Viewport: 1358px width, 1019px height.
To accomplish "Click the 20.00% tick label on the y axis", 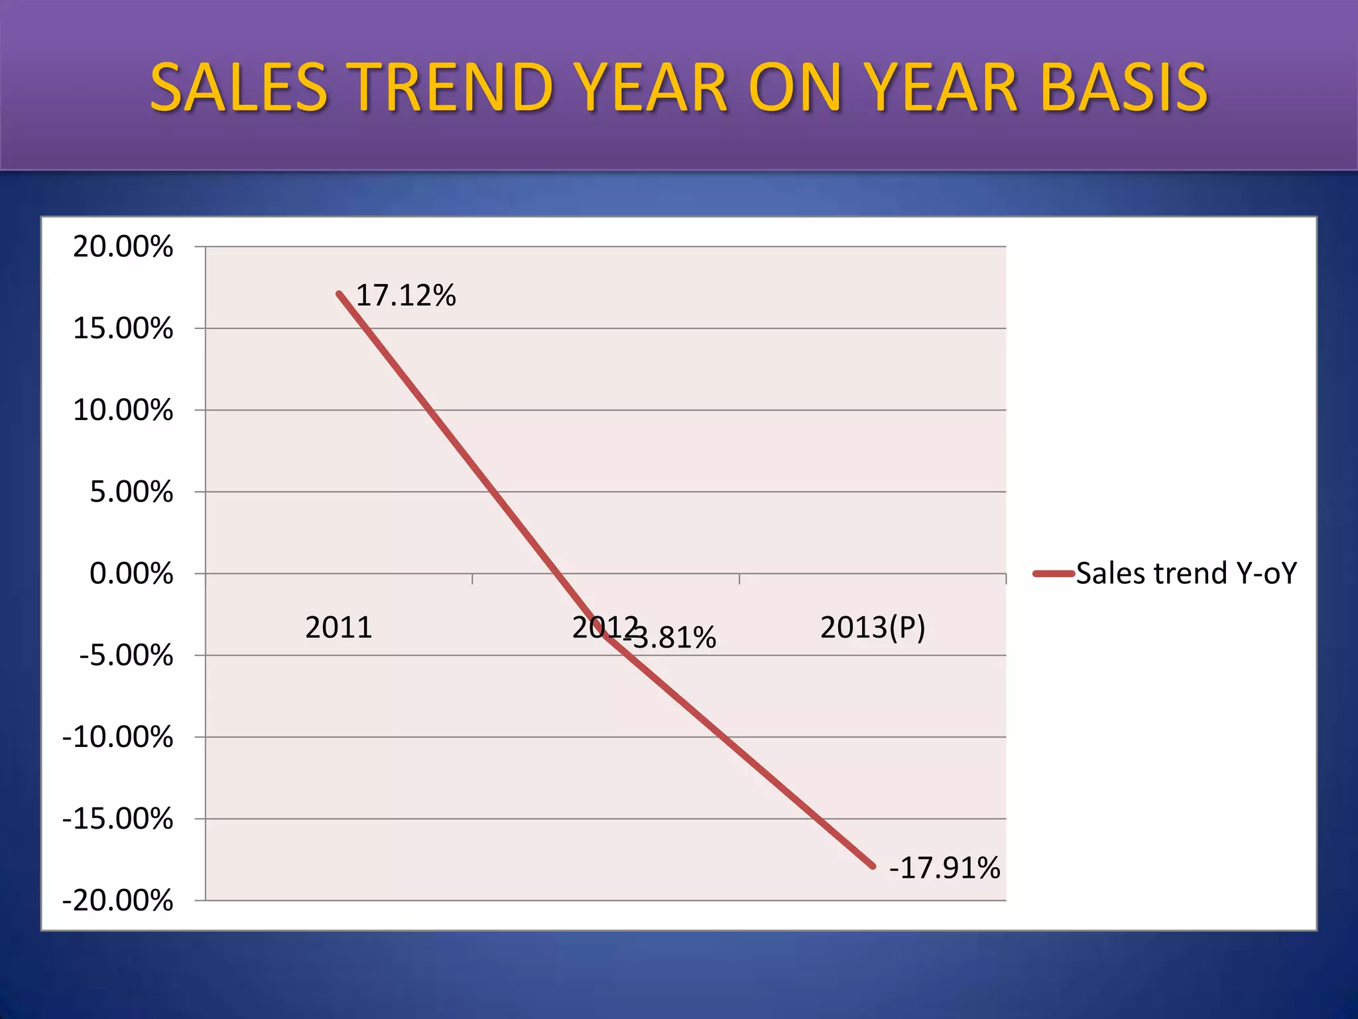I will pos(123,247).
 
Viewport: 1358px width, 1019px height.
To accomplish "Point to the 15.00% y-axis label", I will pos(123,328).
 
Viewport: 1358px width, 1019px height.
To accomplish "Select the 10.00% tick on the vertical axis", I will pos(123,410).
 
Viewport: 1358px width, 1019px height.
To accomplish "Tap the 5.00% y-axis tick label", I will pos(131,492).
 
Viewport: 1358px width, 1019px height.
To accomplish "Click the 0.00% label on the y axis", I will pos(131,573).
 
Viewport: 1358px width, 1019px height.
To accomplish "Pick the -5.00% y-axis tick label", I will pos(126,655).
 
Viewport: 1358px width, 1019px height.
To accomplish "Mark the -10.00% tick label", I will pos(117,737).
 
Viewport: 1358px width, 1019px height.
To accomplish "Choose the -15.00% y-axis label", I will pos(117,819).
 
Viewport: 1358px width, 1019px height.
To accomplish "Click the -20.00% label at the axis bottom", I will pos(117,901).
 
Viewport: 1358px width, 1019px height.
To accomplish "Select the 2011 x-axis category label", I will pos(338,628).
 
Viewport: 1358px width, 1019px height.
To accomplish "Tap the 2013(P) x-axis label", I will pos(873,628).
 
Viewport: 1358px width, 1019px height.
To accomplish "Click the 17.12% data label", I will pos(406,295).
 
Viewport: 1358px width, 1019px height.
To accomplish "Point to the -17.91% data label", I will pos(944,868).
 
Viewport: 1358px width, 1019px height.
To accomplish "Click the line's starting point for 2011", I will pos(339,293).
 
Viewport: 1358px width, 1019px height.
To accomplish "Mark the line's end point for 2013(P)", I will pos(873,866).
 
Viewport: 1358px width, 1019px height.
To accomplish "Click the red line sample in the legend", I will pos(1053,574).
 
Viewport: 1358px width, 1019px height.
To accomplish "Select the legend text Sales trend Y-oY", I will pos(1186,573).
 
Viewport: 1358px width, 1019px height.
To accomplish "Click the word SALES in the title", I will pos(239,87).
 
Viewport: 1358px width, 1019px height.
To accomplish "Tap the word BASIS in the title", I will pos(1124,87).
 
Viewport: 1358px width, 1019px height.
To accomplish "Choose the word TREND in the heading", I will pos(452,87).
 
